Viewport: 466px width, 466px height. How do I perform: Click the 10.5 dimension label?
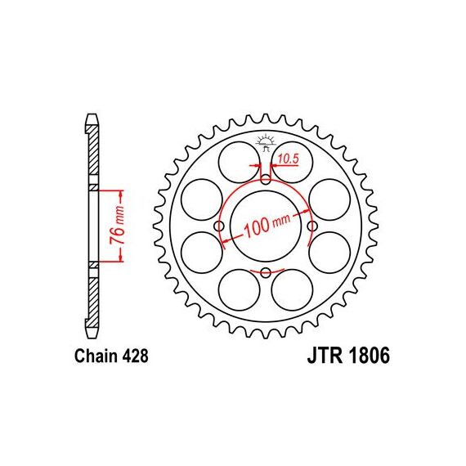[289, 159]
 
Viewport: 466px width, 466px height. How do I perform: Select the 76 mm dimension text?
[117, 225]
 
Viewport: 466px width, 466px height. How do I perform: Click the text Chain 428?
[111, 356]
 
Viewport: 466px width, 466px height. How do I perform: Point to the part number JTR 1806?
[348, 356]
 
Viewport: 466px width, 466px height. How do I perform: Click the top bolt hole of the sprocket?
[266, 179]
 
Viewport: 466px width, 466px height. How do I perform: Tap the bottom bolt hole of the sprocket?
[266, 273]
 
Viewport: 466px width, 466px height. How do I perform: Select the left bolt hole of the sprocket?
[219, 226]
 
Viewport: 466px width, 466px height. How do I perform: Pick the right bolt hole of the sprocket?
[312, 226]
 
